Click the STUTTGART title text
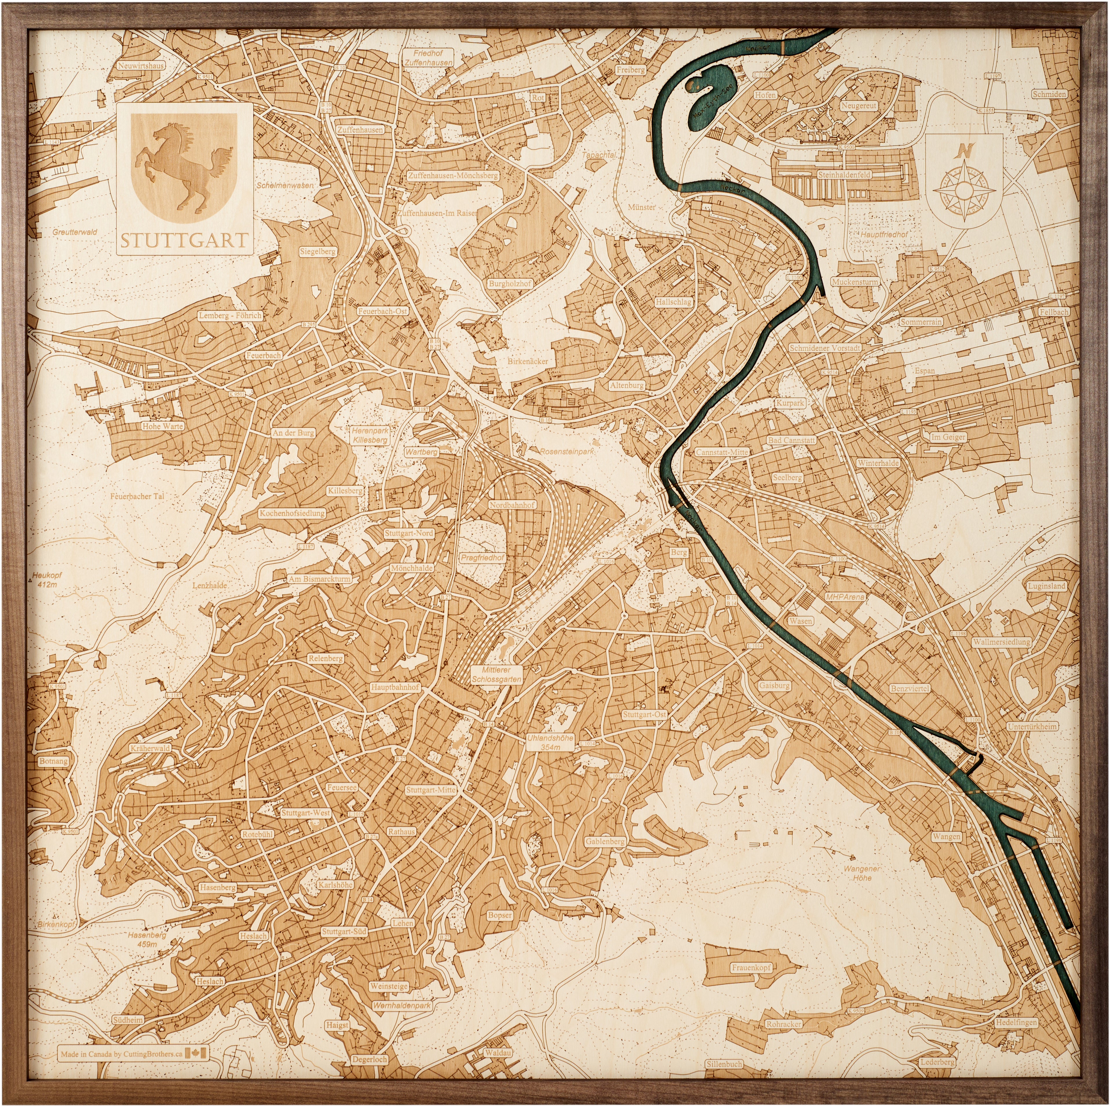(184, 240)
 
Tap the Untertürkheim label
(1031, 726)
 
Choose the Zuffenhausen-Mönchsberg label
(453, 176)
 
